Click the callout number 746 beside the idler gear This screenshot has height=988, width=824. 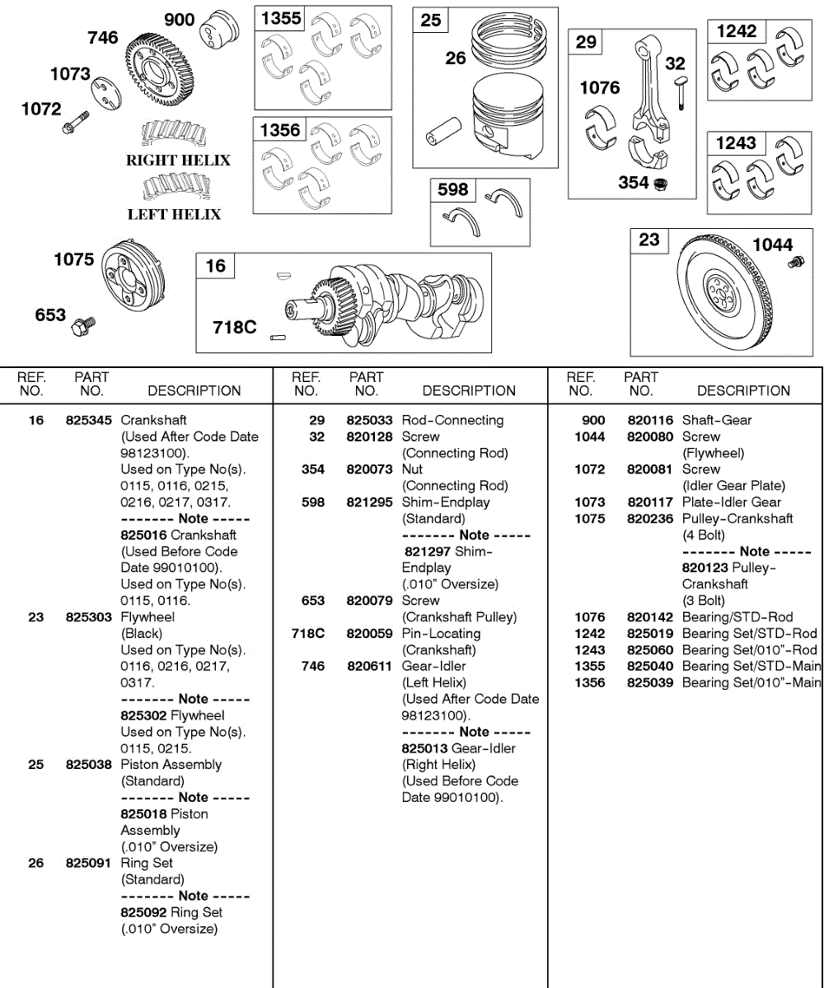point(103,38)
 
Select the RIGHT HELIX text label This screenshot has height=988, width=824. point(178,161)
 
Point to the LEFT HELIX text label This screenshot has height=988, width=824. point(174,215)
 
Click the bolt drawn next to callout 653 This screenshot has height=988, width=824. point(83,322)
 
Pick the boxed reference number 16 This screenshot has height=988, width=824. point(215,266)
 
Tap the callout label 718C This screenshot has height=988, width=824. point(235,328)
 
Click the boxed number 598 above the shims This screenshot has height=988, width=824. point(452,190)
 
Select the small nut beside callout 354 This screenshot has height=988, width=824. point(660,184)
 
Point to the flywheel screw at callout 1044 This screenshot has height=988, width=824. point(796,263)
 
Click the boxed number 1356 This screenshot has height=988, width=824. point(280,130)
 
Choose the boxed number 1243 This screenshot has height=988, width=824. point(736,143)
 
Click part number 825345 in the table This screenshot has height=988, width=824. point(89,421)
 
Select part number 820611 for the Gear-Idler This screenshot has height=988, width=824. point(368,666)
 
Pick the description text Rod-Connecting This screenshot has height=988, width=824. point(452,421)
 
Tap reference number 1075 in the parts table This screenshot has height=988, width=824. point(590,519)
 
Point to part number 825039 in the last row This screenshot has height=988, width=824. point(651,683)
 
